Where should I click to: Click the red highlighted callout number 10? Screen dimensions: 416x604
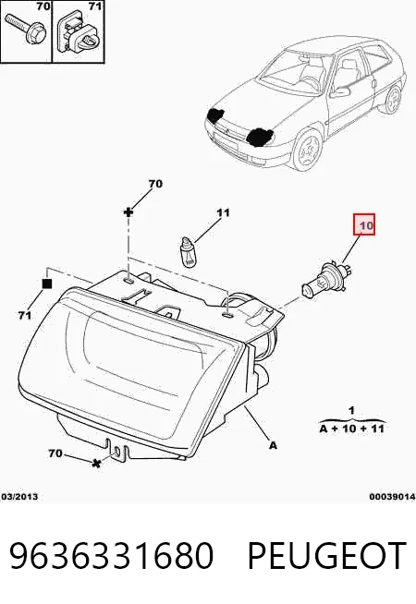[x=364, y=224]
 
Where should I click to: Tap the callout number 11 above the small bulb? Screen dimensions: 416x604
[x=223, y=212]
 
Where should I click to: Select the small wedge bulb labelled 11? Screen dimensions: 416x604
[x=188, y=252]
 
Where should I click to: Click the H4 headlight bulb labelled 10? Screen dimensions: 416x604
[x=326, y=279]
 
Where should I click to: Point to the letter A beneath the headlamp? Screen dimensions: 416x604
[x=273, y=445]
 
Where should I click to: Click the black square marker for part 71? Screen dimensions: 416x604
[x=46, y=284]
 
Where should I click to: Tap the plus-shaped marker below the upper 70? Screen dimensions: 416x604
[x=128, y=211]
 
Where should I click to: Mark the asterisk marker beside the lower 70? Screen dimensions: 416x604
[x=96, y=464]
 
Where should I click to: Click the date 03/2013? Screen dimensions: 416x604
[x=19, y=497]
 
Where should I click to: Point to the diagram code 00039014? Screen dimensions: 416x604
[x=392, y=497]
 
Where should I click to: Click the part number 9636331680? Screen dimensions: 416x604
[x=112, y=555]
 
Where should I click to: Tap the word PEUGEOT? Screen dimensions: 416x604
[x=326, y=555]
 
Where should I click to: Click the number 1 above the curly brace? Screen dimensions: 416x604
[x=351, y=411]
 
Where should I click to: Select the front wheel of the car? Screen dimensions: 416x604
[x=307, y=150]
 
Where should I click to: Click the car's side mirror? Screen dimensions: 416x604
[x=340, y=91]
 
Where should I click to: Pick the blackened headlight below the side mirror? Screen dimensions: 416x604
[x=260, y=137]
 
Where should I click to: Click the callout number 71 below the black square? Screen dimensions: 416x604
[x=25, y=316]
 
